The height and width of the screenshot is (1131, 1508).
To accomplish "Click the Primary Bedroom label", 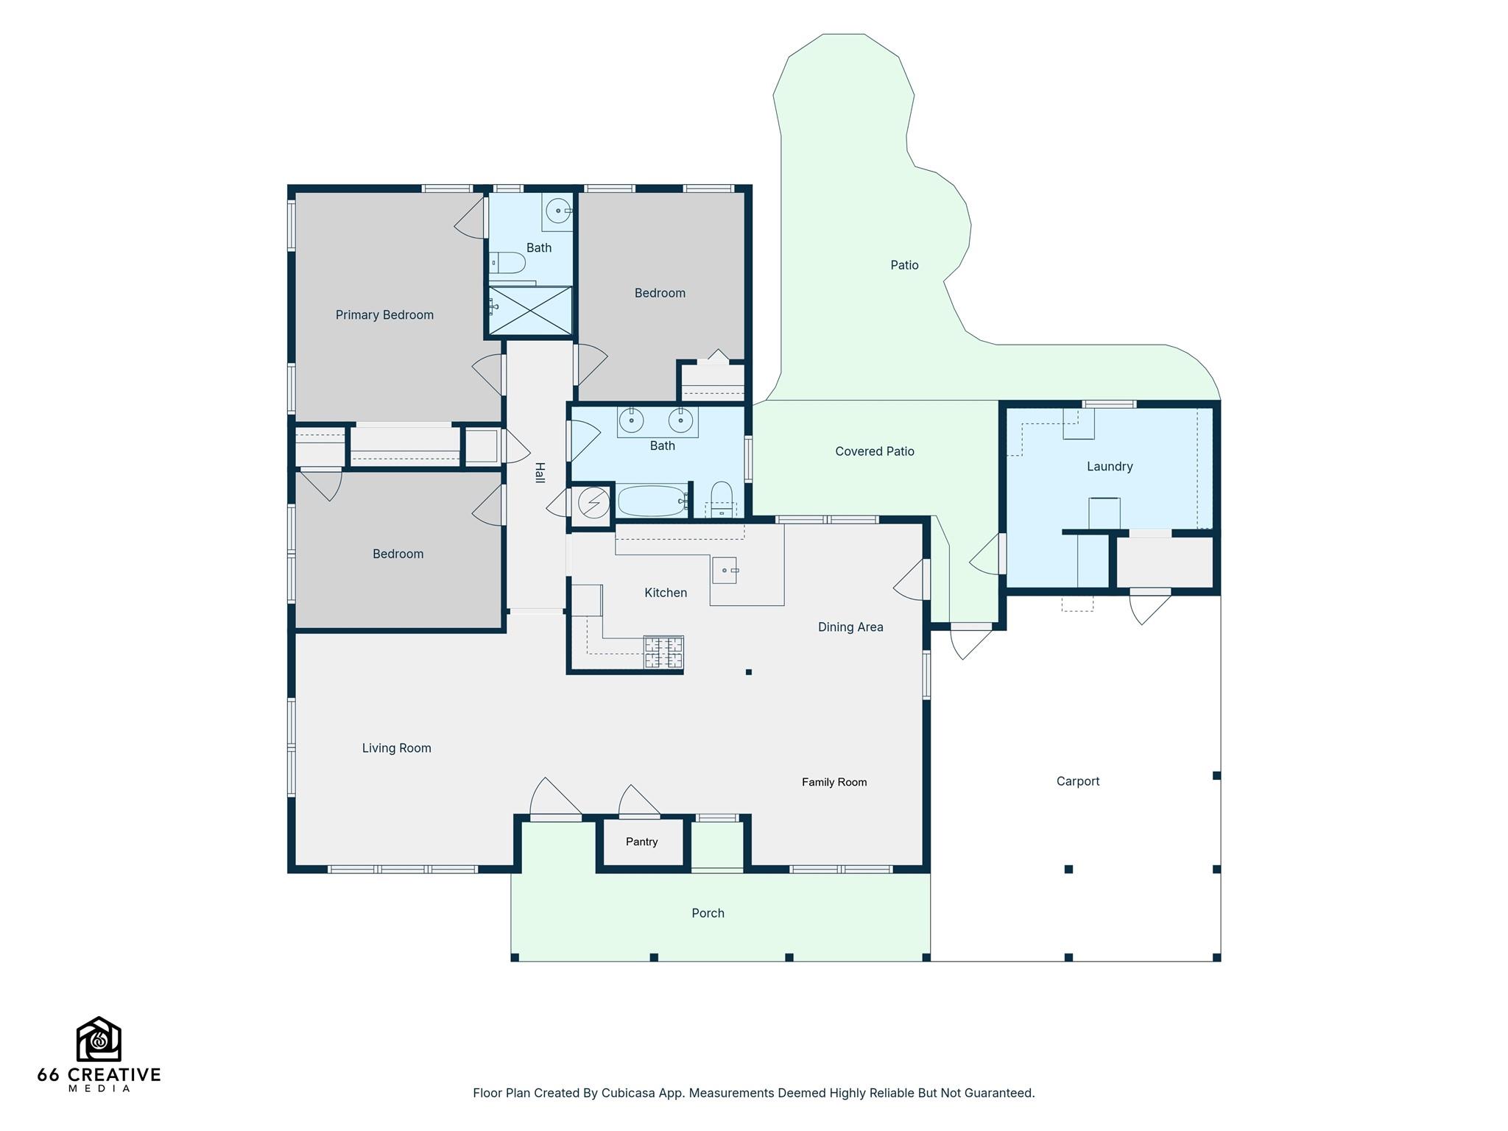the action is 384,315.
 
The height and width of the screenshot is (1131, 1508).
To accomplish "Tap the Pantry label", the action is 641,842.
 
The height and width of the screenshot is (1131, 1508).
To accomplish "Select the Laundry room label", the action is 1110,467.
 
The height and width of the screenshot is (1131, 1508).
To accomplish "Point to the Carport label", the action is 1078,781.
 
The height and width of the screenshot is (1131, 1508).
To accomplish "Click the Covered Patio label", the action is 875,451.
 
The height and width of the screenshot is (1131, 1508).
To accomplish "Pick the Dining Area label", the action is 850,627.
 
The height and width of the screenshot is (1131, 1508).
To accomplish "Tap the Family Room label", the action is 834,782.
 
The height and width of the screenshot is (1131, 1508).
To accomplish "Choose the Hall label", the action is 539,473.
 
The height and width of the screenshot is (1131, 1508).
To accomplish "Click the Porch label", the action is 708,913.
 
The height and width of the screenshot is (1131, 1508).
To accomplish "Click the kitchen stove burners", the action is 663,652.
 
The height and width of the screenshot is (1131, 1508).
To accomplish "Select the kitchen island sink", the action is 725,570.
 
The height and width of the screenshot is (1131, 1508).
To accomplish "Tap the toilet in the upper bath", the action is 507,262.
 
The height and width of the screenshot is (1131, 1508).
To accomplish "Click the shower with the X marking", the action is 530,311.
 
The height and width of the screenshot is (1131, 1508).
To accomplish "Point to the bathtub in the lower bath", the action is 652,501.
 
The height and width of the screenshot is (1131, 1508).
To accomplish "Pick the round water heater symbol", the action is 593,504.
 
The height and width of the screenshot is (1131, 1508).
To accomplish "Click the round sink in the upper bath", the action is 559,211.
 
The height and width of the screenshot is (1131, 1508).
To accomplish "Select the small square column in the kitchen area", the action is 749,672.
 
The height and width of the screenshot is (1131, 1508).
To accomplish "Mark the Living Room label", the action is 396,748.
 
